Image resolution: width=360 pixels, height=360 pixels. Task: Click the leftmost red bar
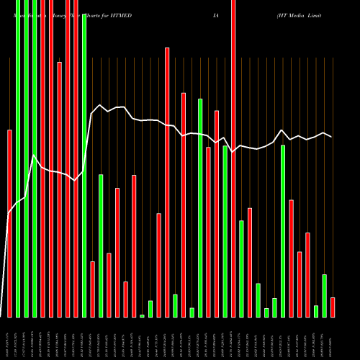[9, 223]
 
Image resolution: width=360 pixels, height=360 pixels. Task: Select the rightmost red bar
[333, 307]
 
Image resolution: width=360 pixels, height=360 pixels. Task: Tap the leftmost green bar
[18, 158]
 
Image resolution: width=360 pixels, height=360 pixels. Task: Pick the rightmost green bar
[324, 296]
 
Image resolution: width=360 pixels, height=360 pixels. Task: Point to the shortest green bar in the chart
[142, 315]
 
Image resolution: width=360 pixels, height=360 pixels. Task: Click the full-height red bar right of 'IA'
[233, 158]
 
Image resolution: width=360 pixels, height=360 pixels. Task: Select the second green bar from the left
[27, 158]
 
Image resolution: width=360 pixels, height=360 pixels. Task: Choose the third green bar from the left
[35, 158]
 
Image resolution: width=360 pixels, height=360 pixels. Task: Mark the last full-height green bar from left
[84, 166]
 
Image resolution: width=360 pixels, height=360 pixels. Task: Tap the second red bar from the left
[43, 158]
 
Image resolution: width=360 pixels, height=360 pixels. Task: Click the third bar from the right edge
[316, 311]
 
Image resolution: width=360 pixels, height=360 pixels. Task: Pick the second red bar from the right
[307, 275]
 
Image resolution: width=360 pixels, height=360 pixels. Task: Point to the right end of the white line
[331, 136]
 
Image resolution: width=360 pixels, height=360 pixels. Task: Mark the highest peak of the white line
[100, 105]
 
